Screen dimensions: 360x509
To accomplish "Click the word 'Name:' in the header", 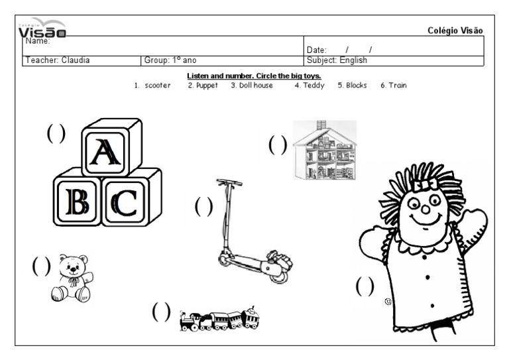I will (38, 42).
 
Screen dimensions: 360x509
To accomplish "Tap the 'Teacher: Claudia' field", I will (57, 60).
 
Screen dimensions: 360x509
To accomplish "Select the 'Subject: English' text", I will (337, 60).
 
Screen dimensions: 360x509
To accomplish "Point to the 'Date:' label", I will (317, 50).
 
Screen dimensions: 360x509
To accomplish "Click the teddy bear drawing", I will (71, 278).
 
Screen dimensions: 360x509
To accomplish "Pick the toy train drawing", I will (219, 320).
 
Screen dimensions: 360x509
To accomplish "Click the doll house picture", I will (324, 150).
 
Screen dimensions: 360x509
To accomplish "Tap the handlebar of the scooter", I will (229, 182).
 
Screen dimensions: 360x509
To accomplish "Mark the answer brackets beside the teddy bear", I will (41, 266).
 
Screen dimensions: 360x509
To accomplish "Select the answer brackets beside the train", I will (161, 310).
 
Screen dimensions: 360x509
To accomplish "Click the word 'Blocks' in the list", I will (356, 86).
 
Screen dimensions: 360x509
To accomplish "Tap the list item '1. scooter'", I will (152, 86).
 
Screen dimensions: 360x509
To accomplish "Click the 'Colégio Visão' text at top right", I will (457, 30).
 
